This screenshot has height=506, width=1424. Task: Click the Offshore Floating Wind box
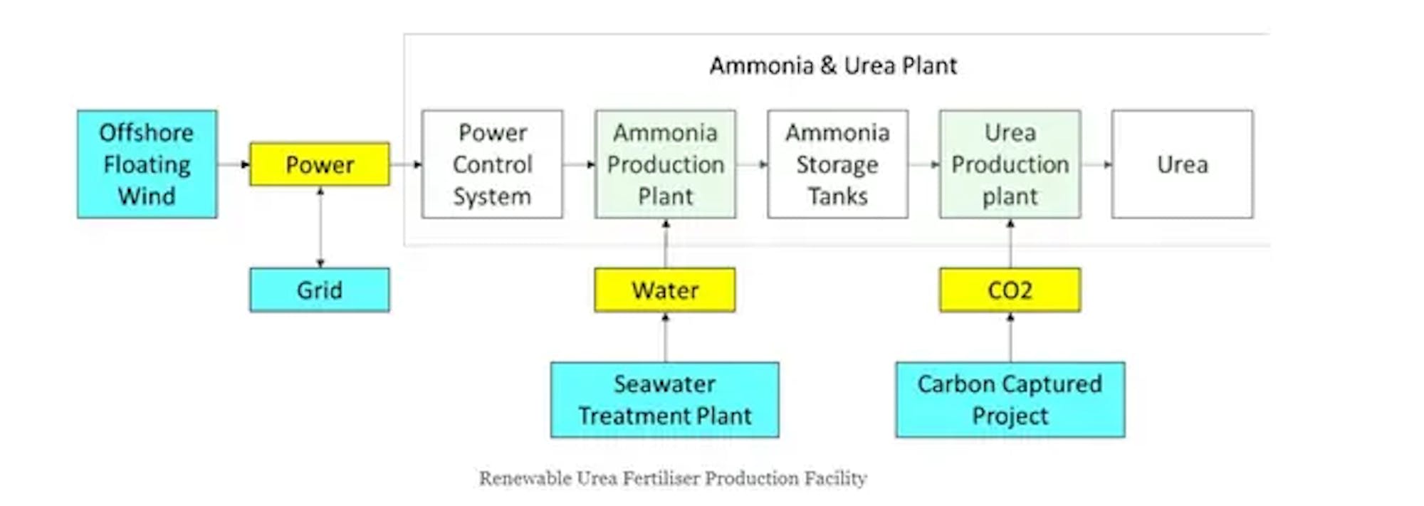pos(147,164)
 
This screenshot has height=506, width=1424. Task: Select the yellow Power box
pos(320,164)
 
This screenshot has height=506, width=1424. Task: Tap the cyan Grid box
pos(320,290)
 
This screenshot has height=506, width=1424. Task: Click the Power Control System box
pos(492,164)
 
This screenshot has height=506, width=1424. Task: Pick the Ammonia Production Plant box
pos(666,164)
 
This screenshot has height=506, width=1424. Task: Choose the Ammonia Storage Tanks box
pos(838,164)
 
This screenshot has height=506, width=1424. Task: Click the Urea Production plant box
pos(1010,164)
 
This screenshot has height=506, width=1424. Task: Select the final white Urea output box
pos(1183,164)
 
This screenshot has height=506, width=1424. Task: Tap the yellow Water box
pos(665,290)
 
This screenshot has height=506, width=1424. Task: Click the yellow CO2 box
pos(1010,290)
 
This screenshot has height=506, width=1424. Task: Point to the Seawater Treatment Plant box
pos(665,399)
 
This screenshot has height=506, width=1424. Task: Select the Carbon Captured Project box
pos(1010,399)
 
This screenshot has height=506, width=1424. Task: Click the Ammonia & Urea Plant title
pos(833,65)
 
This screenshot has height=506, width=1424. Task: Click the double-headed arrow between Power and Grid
pos(320,227)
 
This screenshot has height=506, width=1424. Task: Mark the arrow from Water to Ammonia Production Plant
pos(666,243)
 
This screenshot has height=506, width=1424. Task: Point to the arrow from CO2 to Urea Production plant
pos(1010,243)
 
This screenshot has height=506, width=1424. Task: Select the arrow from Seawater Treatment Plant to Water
pos(666,337)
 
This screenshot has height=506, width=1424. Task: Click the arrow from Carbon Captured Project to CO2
pos(1010,337)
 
